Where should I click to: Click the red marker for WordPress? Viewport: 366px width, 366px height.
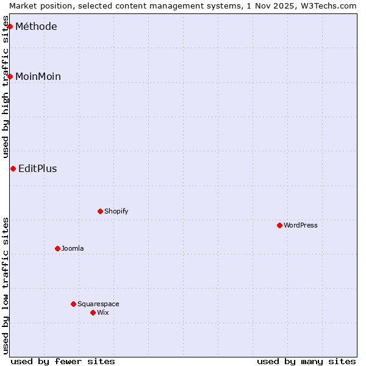(279, 225)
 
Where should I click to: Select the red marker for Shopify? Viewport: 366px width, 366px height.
(100, 211)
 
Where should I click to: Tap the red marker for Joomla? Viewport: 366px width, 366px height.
(57, 248)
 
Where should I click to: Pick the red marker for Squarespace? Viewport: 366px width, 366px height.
(73, 304)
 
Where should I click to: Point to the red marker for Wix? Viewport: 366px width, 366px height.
(93, 312)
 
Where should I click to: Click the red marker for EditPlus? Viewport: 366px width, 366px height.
(13, 168)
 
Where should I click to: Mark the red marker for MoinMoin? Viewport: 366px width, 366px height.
(10, 76)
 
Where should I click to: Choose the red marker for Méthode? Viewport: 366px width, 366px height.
(10, 26)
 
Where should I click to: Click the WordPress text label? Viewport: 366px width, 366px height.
(301, 225)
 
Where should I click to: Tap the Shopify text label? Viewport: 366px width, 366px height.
(116, 211)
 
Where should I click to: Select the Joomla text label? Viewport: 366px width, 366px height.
(73, 248)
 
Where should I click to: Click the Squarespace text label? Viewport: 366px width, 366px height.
(98, 304)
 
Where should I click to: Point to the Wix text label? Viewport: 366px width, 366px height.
(102, 312)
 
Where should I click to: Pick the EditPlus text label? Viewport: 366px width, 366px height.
(38, 169)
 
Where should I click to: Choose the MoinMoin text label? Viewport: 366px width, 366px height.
(38, 76)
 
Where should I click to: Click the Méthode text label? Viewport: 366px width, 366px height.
(36, 26)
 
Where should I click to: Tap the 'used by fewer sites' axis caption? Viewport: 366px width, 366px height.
(63, 361)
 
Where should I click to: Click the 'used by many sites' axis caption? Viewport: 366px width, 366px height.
(306, 361)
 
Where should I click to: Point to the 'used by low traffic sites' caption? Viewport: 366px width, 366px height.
(6, 285)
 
